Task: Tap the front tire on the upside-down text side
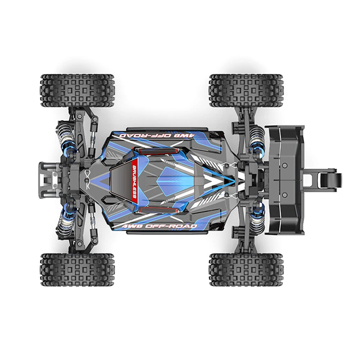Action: (77, 90)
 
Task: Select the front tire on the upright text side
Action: (77, 270)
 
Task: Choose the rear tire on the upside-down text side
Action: (246, 90)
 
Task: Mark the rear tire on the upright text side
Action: (246, 270)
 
